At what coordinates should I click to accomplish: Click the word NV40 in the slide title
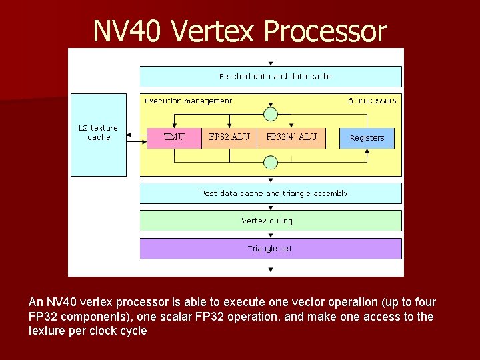[127, 31]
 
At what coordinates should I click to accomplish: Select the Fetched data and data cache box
[271, 76]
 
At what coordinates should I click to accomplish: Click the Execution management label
[188, 101]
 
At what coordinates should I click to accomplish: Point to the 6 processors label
[372, 101]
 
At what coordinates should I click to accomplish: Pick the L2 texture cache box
[98, 133]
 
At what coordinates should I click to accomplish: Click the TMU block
[174, 137]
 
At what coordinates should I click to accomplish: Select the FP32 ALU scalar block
[229, 137]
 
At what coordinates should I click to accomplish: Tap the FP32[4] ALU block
[291, 137]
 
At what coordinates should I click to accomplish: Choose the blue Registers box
[367, 138]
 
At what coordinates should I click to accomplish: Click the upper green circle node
[270, 114]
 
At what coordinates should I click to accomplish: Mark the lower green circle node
[270, 163]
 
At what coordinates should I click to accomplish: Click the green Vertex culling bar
[271, 221]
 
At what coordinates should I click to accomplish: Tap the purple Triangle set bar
[271, 249]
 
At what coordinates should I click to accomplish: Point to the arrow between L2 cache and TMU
[137, 137]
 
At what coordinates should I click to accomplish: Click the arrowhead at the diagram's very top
[270, 63]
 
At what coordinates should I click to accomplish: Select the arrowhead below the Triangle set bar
[270, 269]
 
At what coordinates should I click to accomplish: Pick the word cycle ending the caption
[131, 331]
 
